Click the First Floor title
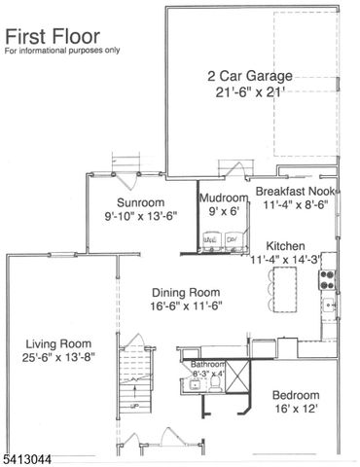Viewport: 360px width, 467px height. point(47,36)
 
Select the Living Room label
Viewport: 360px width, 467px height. point(58,343)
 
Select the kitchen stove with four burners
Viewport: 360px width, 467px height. point(329,279)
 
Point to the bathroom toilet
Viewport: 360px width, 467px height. point(198,384)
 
